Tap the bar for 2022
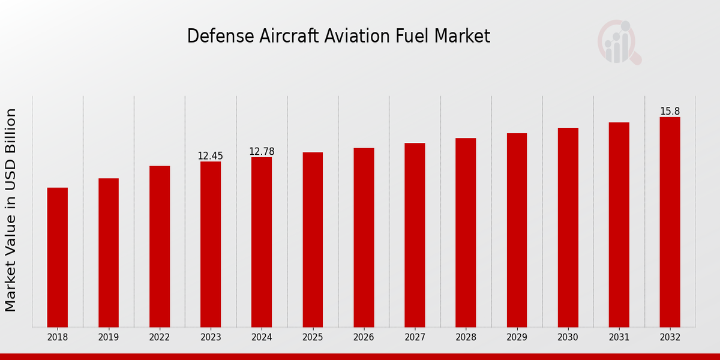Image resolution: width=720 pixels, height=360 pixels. [160, 246]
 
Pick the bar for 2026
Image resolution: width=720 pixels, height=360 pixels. [364, 237]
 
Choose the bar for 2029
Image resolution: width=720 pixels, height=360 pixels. [517, 230]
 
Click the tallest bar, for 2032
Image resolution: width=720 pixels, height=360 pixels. [670, 222]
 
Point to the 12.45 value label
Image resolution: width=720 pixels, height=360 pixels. [210, 156]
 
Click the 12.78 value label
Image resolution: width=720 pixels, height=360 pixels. [262, 152]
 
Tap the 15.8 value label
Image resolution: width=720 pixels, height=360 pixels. [670, 112]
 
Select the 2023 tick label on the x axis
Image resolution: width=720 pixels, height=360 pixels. [211, 337]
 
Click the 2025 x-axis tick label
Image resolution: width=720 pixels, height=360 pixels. [313, 337]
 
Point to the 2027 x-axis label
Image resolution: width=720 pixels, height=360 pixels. [415, 337]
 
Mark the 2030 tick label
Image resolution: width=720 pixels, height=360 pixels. [568, 337]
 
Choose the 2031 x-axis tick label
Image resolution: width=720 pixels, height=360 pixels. [619, 337]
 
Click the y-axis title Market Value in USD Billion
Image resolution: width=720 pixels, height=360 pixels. [11, 210]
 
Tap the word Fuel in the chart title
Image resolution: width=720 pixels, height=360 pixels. [412, 36]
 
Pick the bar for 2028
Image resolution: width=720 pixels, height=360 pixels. [466, 232]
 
